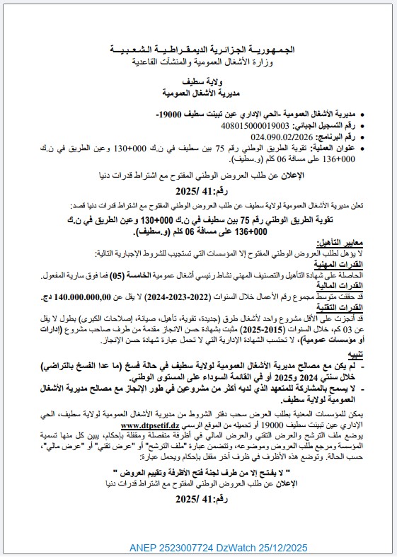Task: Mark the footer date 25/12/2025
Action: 285,548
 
